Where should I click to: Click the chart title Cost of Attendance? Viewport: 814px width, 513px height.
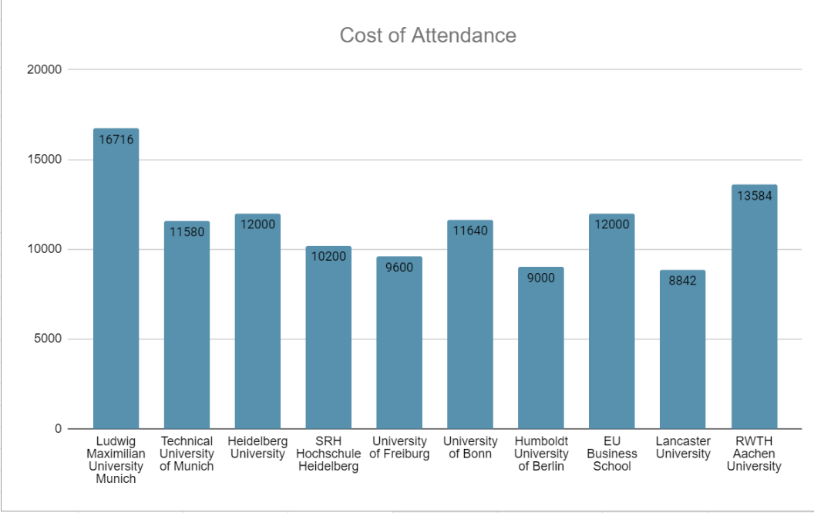428,35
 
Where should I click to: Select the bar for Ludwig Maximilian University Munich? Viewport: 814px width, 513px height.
116,278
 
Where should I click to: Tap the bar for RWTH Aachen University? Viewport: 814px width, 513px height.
755,307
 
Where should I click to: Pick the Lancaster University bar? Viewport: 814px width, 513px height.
683,349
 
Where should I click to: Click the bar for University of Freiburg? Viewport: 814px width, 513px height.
399,343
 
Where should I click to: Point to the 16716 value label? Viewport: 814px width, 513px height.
116,140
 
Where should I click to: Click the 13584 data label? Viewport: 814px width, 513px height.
755,196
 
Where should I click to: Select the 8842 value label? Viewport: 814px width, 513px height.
683,282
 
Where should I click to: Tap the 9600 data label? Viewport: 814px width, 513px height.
399,268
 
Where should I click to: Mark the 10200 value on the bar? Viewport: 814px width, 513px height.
328,256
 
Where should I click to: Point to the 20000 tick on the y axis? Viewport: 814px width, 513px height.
44,69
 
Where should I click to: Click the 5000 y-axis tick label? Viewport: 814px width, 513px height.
48,339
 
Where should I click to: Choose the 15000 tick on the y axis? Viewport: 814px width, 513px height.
44,160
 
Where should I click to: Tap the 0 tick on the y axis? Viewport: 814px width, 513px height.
58,429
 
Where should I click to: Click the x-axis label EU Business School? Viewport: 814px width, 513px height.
612,454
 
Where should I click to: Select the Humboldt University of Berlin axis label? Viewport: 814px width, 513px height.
541,454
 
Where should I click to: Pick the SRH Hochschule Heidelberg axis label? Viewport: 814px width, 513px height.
328,454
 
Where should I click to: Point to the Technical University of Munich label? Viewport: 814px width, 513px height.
187,454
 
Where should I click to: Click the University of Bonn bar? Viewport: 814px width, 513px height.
470,324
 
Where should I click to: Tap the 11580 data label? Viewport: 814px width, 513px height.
187,231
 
